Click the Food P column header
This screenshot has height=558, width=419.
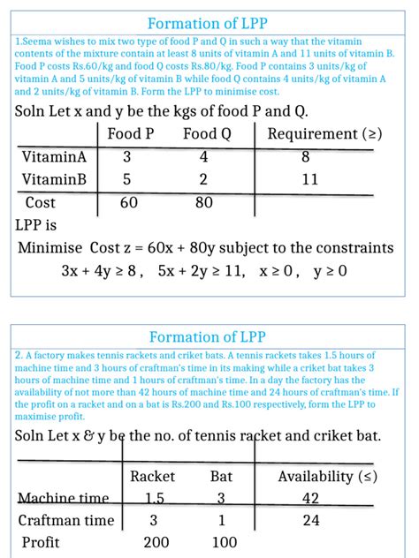[x=131, y=134]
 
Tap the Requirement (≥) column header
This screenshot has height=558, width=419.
[x=324, y=134]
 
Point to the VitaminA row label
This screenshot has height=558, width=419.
[x=54, y=157]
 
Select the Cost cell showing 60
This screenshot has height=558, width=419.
[x=129, y=203]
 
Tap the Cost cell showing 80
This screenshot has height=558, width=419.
[x=205, y=203]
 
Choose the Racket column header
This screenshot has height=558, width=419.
[x=152, y=477]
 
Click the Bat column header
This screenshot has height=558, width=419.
[x=221, y=477]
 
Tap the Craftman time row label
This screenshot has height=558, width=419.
[x=68, y=521]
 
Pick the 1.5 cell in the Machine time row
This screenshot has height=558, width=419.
[x=153, y=499]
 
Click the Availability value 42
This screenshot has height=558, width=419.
[x=311, y=499]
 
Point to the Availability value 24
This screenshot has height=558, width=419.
[x=311, y=521]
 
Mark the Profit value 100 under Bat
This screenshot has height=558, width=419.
[x=225, y=543]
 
